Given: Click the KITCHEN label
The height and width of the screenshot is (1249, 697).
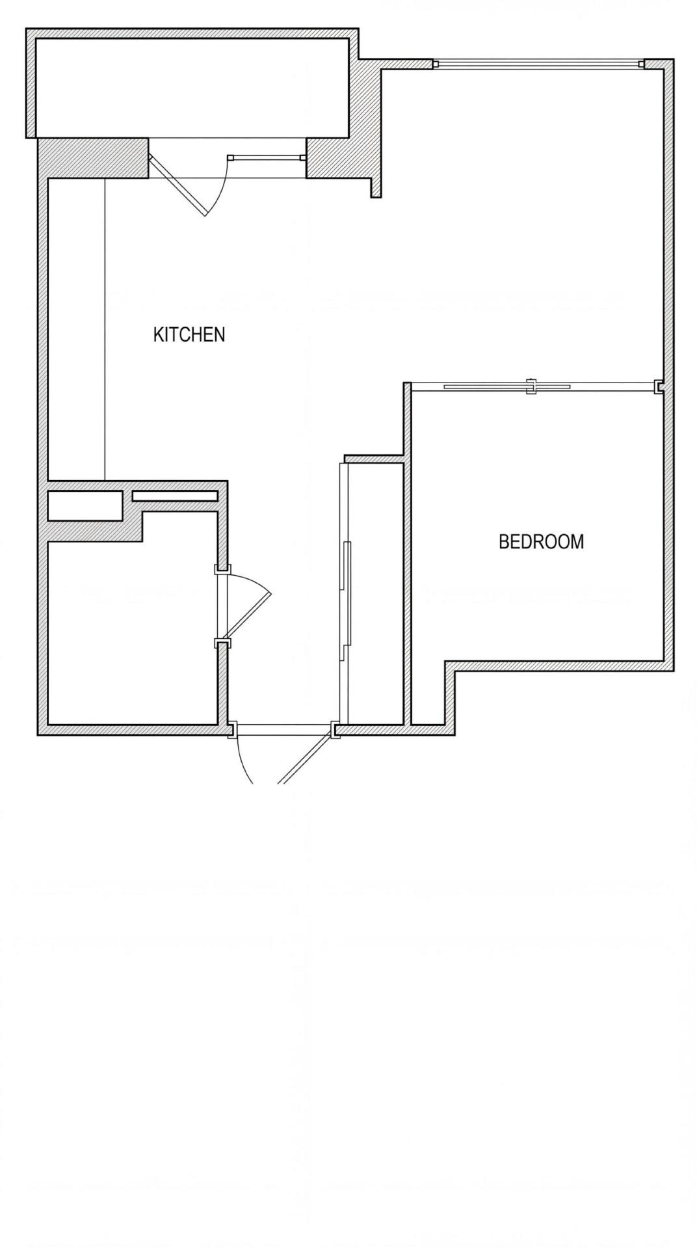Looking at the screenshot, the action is pyautogui.click(x=189, y=334).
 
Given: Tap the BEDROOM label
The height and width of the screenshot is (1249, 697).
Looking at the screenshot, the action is pyautogui.click(x=541, y=541).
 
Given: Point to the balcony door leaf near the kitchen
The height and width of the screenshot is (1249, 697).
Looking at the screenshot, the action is pyautogui.click(x=178, y=185).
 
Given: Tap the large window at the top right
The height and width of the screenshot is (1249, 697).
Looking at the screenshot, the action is pyautogui.click(x=538, y=64).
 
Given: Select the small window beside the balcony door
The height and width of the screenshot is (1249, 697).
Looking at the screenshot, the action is pyautogui.click(x=267, y=157).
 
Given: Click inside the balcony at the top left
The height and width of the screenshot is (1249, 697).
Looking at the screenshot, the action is pyautogui.click(x=192, y=87).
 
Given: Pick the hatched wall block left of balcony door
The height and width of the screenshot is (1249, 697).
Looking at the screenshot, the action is pyautogui.click(x=92, y=157).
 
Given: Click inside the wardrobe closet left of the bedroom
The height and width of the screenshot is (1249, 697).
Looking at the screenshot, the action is pyautogui.click(x=376, y=593).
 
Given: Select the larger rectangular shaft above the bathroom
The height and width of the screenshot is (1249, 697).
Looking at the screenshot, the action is pyautogui.click(x=85, y=505).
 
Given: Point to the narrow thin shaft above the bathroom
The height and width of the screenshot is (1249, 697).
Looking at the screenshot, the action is pyautogui.click(x=175, y=496).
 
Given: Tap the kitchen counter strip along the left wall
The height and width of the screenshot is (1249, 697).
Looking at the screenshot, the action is pyautogui.click(x=76, y=329).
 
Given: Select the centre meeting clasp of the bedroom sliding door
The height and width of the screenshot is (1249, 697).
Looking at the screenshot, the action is pyautogui.click(x=531, y=386).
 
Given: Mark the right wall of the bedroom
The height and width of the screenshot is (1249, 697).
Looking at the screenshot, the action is pyautogui.click(x=669, y=364).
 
